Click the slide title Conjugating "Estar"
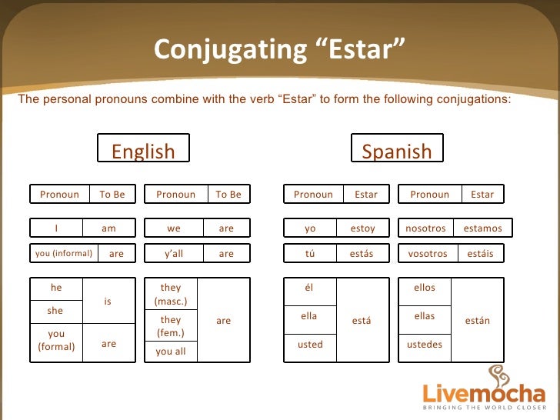click(x=279, y=49)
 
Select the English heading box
click(x=143, y=149)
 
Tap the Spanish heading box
click(x=396, y=149)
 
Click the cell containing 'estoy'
click(x=362, y=228)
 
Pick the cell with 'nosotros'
click(x=425, y=228)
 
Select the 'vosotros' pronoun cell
click(x=428, y=254)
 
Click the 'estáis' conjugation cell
click(x=481, y=254)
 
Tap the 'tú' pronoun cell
click(x=310, y=254)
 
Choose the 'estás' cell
click(x=362, y=254)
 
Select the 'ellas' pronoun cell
click(x=425, y=317)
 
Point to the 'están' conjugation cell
click(x=478, y=320)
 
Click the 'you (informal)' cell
click(x=64, y=254)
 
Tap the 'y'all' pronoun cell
click(x=174, y=254)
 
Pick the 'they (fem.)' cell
click(x=171, y=326)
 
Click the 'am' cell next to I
click(x=108, y=228)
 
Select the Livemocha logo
click(x=485, y=388)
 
